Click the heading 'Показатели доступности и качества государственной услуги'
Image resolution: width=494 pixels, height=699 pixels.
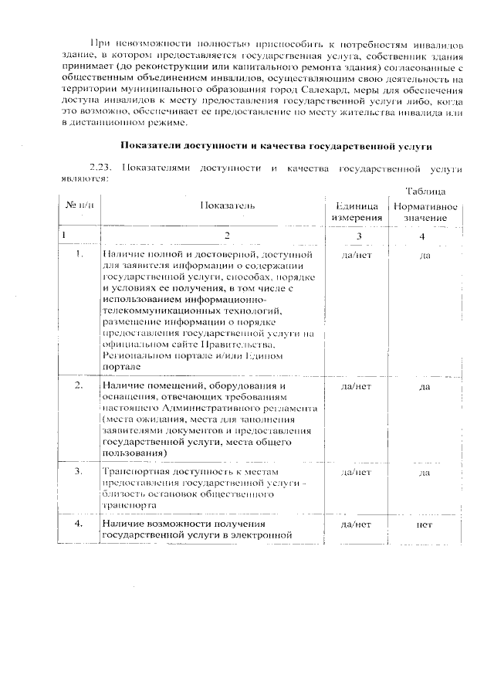[x=275, y=146]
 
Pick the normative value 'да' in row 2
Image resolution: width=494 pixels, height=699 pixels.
[x=424, y=385]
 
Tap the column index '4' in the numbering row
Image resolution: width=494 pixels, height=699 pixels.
[x=422, y=235]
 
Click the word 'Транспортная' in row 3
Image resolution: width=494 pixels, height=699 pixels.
[x=134, y=470]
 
